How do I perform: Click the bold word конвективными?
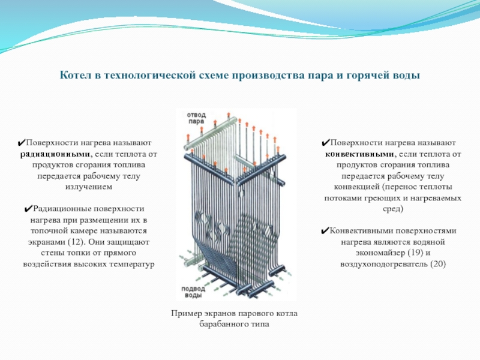point(359,154)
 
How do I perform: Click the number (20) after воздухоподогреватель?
point(437,264)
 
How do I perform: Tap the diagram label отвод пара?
point(196,118)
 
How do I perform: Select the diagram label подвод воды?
point(193,292)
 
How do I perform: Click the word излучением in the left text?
point(89,187)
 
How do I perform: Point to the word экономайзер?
point(380,253)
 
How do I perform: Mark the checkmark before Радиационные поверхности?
point(28,209)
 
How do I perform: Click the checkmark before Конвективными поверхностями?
point(325,231)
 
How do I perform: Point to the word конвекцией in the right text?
point(356,187)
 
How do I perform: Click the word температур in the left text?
point(131,265)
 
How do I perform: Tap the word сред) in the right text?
point(393,209)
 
